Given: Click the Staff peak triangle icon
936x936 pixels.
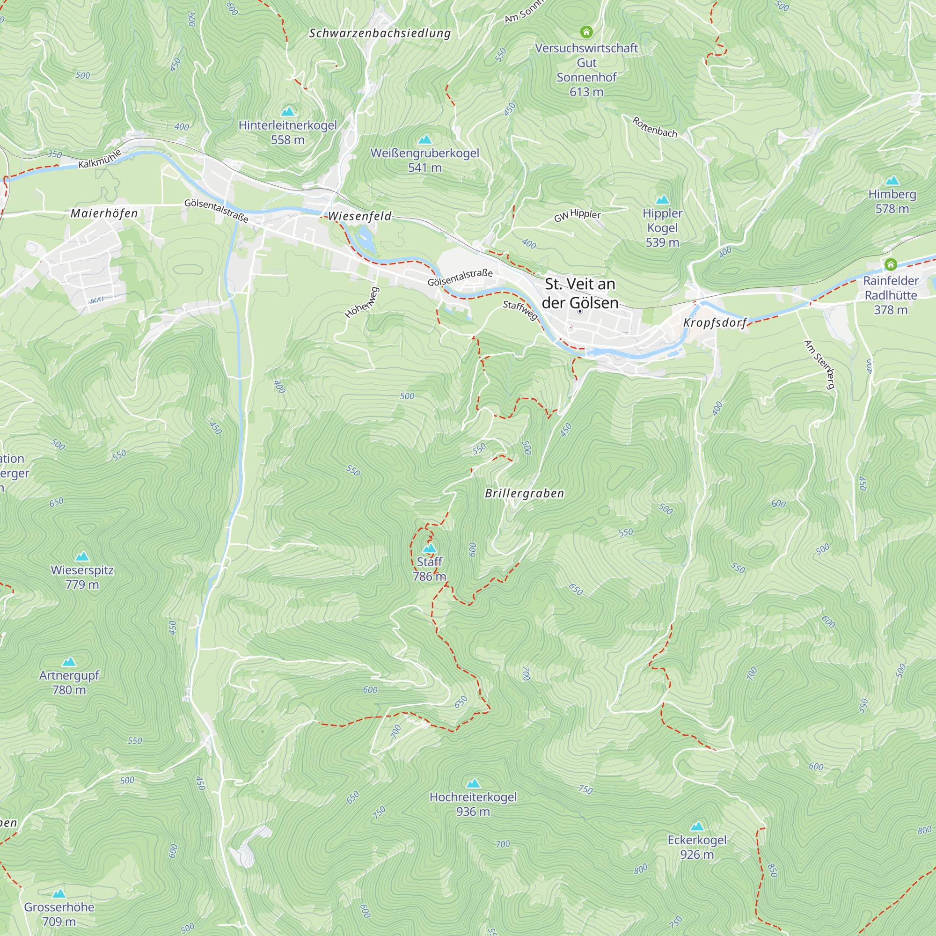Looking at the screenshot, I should click(429, 548).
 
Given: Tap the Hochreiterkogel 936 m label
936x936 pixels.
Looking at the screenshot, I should click(473, 804).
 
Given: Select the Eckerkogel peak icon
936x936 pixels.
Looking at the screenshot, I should click(697, 826).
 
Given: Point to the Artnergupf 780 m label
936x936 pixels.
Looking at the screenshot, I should click(69, 682).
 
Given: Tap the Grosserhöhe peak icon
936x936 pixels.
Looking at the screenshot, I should click(58, 893).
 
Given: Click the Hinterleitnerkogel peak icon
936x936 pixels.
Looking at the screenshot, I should click(288, 111).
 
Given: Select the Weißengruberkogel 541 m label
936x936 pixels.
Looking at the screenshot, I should click(424, 161).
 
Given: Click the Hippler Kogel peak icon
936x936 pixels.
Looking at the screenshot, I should click(662, 200).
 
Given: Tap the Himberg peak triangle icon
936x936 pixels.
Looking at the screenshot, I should click(892, 181).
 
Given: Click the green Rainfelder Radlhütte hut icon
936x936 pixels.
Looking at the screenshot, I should click(891, 264).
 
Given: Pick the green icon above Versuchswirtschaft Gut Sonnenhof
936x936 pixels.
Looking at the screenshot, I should click(586, 32).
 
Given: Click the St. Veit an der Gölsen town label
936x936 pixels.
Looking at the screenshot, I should click(580, 293).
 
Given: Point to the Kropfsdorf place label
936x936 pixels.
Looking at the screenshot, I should click(715, 322).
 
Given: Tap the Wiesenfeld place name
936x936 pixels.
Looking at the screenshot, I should click(359, 216).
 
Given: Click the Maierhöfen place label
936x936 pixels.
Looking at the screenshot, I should click(104, 213).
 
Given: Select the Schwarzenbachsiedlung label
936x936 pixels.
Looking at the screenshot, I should click(380, 33).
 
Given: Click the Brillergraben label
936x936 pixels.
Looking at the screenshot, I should click(524, 493).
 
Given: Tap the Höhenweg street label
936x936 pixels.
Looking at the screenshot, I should click(361, 303).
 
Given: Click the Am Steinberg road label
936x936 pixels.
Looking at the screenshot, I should click(819, 364).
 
